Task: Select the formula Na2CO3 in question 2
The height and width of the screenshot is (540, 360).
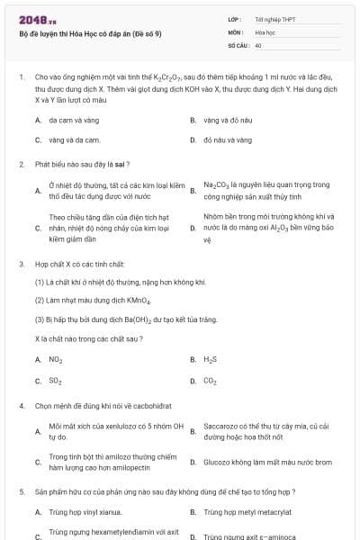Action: point(217,184)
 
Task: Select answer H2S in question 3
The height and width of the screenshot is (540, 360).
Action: point(211,359)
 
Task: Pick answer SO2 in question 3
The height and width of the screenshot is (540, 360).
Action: point(55,381)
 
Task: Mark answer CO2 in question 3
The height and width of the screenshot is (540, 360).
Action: point(211,381)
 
